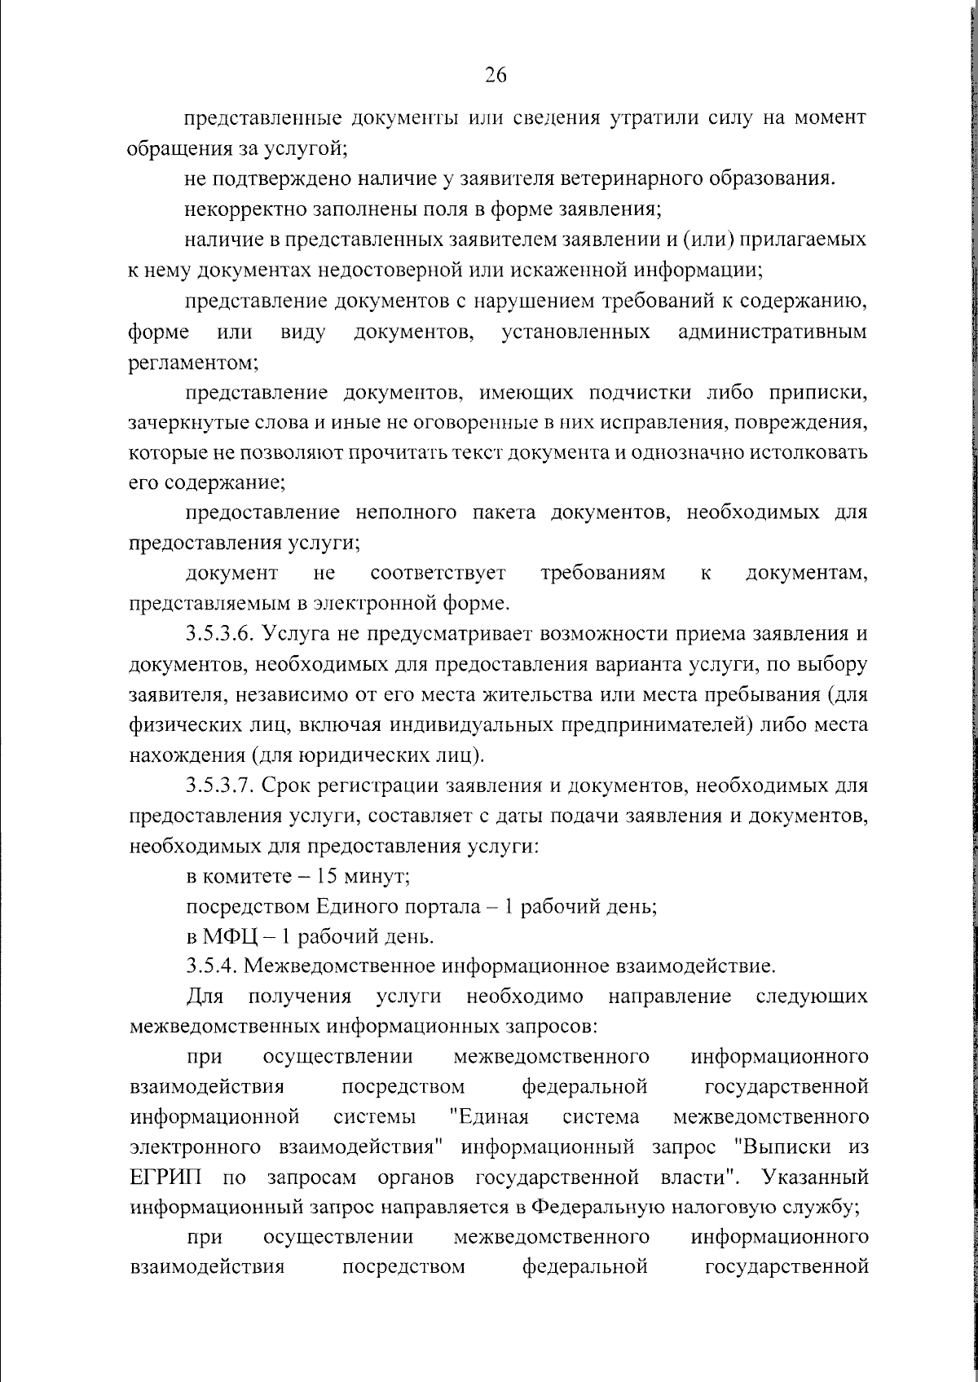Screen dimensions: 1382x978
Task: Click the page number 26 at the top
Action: [496, 75]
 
